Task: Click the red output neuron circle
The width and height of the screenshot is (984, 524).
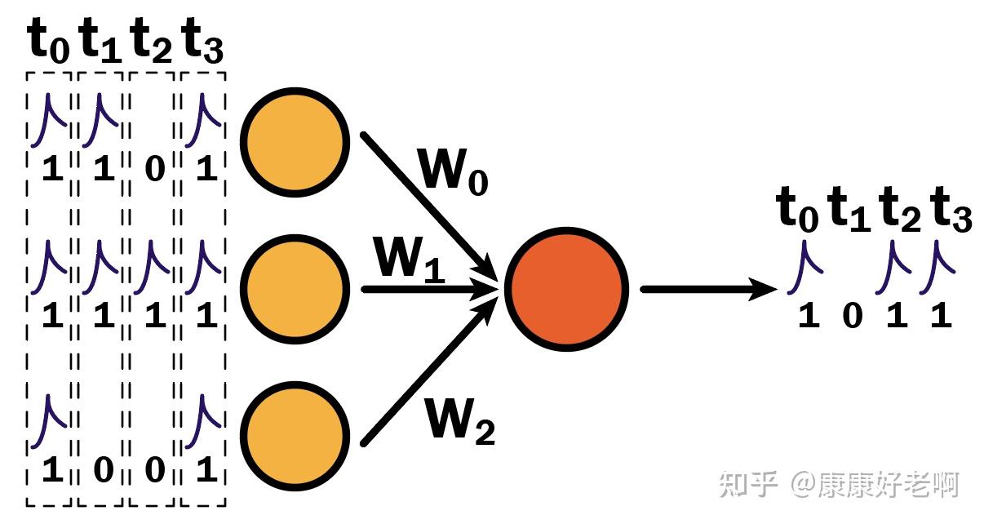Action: (x=567, y=289)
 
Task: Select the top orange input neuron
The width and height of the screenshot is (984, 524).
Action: (x=295, y=143)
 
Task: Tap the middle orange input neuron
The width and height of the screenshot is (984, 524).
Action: (x=295, y=289)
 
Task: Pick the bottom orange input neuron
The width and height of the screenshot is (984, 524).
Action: (x=295, y=436)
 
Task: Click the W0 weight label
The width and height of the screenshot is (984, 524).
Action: (x=453, y=171)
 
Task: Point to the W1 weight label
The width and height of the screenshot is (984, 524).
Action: (x=410, y=260)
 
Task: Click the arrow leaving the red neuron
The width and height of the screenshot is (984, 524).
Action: (x=709, y=289)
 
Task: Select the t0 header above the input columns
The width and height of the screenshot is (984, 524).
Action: (x=48, y=41)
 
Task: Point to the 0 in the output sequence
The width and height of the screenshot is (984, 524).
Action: (x=853, y=316)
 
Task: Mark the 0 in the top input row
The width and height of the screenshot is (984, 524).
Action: (x=155, y=169)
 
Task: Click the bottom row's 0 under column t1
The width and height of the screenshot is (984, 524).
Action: (x=104, y=469)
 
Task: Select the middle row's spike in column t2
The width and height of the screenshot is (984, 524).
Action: (x=151, y=266)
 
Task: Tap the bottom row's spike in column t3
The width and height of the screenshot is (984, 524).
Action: (x=202, y=421)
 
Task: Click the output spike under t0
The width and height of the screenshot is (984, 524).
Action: (x=804, y=266)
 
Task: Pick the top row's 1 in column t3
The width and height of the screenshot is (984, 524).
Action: (x=207, y=169)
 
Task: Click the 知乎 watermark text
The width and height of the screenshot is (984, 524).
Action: (x=747, y=485)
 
